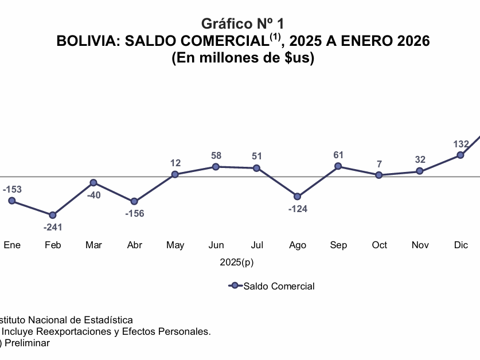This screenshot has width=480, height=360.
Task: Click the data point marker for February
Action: [x=53, y=215]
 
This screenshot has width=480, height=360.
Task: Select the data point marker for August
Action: [x=298, y=197]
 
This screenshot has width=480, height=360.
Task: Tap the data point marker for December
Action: [x=461, y=155]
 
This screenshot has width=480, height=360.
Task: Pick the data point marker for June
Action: [x=216, y=167]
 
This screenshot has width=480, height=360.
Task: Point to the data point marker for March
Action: [x=93, y=183]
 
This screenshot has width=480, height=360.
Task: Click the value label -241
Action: [x=53, y=227]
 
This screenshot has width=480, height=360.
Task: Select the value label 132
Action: [x=461, y=144]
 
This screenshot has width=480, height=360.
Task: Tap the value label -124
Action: [x=298, y=209]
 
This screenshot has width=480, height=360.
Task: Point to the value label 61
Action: [x=338, y=155]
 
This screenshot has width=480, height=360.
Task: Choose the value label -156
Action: [x=135, y=214]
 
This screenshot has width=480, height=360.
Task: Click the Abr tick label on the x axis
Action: [x=135, y=245]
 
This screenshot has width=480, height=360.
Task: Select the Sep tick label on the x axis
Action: [x=338, y=245]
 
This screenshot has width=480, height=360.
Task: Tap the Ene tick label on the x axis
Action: [x=12, y=245]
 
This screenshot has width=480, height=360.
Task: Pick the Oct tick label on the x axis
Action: [x=380, y=245]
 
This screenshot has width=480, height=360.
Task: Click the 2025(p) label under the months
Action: [x=237, y=263]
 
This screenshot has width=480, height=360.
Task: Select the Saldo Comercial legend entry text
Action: [x=279, y=286]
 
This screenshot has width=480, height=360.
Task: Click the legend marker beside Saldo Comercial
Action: [x=234, y=285]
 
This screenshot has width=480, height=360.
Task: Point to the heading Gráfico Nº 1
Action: [x=243, y=24]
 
